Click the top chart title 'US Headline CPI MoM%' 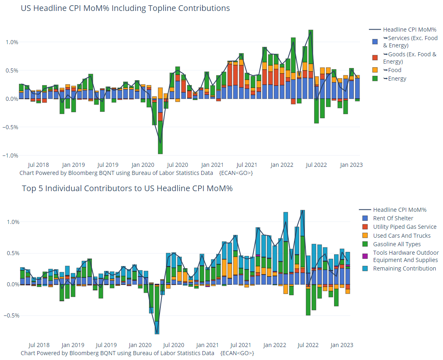(x=125, y=8)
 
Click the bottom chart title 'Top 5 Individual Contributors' (x=127, y=188)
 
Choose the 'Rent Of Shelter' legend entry (x=393, y=218)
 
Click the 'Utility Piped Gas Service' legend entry (x=405, y=227)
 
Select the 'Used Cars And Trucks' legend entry (x=402, y=236)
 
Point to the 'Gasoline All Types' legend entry (x=397, y=244)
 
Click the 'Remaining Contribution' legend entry (x=405, y=268)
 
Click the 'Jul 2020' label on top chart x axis (x=177, y=165)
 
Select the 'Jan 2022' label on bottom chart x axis (x=275, y=345)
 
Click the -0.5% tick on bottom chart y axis (x=12, y=315)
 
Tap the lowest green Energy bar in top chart (x=160, y=138)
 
